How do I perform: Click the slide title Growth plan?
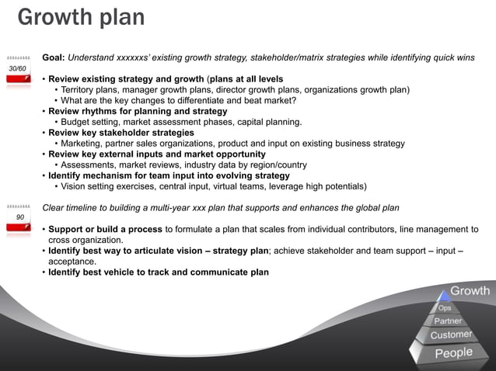(81, 17)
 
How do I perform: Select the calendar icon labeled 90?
(19, 218)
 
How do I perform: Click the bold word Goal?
(54, 57)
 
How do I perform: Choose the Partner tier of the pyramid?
(448, 321)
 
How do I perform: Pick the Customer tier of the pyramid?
(451, 335)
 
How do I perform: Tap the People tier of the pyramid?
(453, 353)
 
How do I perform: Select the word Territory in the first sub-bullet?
(82, 90)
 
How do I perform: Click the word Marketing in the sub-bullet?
(85, 144)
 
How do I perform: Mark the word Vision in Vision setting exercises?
(75, 186)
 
